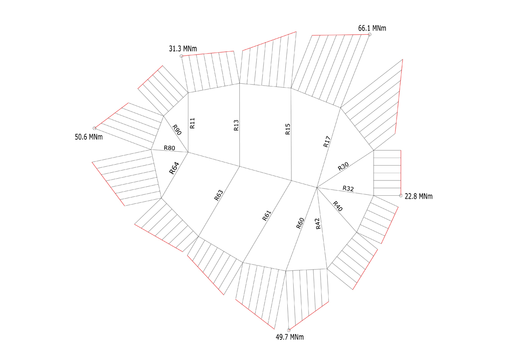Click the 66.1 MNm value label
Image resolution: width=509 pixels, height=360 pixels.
pos(372,28)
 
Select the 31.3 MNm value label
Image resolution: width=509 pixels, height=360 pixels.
pos(183,49)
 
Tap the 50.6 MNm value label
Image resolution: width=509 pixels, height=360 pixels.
pos(89,137)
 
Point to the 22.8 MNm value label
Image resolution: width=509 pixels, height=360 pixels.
pos(419,196)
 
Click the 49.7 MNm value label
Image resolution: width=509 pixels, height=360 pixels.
pos(290,337)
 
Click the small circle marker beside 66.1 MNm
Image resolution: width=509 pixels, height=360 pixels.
pos(370,35)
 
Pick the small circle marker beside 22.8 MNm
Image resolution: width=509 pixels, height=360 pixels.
pos(401,196)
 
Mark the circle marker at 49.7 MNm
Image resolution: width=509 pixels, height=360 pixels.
pos(289,330)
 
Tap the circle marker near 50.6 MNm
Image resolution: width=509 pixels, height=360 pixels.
pos(94,128)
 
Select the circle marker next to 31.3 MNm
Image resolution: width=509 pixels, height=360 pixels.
pos(182,56)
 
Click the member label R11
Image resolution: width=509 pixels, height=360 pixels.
pos(192,123)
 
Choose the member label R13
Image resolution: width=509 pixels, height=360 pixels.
pos(236,125)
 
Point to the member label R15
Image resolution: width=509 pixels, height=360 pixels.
pos(288,129)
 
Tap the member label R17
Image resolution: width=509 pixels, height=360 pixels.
pos(327,142)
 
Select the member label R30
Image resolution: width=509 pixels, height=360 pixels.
pos(343,166)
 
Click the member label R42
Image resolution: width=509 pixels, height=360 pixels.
pos(318,224)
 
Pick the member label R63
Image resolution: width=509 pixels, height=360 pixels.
pos(219,195)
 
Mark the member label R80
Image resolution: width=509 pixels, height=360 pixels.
pos(169,148)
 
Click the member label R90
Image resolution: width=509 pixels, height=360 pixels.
pos(177,130)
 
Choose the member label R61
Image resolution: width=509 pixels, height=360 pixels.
pos(267,216)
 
